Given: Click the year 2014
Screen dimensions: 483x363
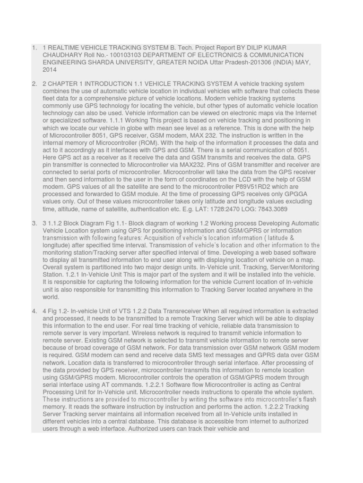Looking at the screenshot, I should tap(50, 69).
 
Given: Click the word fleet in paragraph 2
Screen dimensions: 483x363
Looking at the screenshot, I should tap(50, 98).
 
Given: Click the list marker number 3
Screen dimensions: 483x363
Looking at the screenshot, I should tap(34, 223).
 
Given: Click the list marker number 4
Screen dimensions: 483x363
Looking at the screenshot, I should tap(34, 311).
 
